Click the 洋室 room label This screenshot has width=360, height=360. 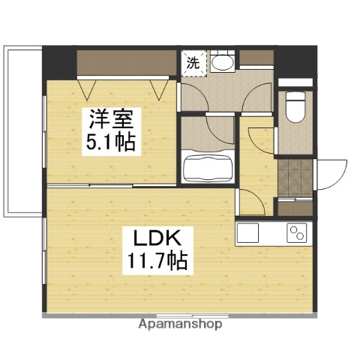pos(110,119)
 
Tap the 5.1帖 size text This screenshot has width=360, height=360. pos(110,142)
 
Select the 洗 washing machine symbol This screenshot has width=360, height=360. pos(193,63)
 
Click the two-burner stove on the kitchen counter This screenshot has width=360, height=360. pos(298,233)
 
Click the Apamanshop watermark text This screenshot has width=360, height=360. pos(180,325)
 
